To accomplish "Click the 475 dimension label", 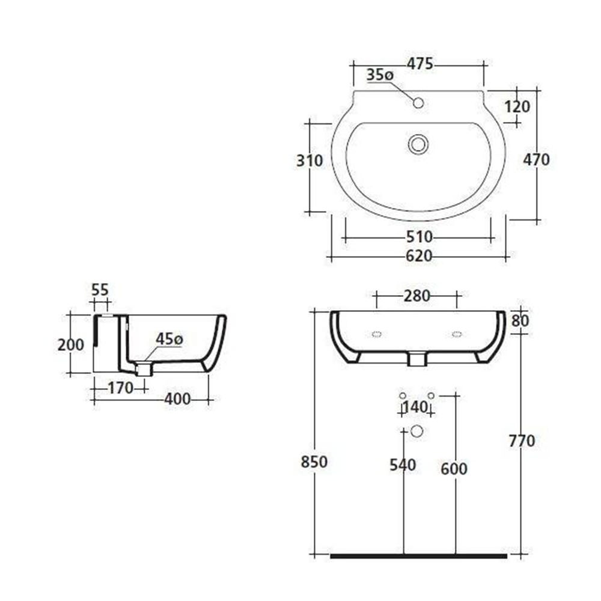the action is point(419,64).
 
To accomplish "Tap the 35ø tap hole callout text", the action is point(380,75).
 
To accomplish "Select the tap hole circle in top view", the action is point(418,103).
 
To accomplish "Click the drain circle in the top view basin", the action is point(418,144).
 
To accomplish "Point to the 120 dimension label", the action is point(517,106).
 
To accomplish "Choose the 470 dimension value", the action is point(536,159).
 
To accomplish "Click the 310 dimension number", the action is point(310,160).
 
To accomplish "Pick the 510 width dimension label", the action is point(419,237).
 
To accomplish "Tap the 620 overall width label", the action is point(419,255).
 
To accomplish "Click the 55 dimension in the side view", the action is point(100,290).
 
